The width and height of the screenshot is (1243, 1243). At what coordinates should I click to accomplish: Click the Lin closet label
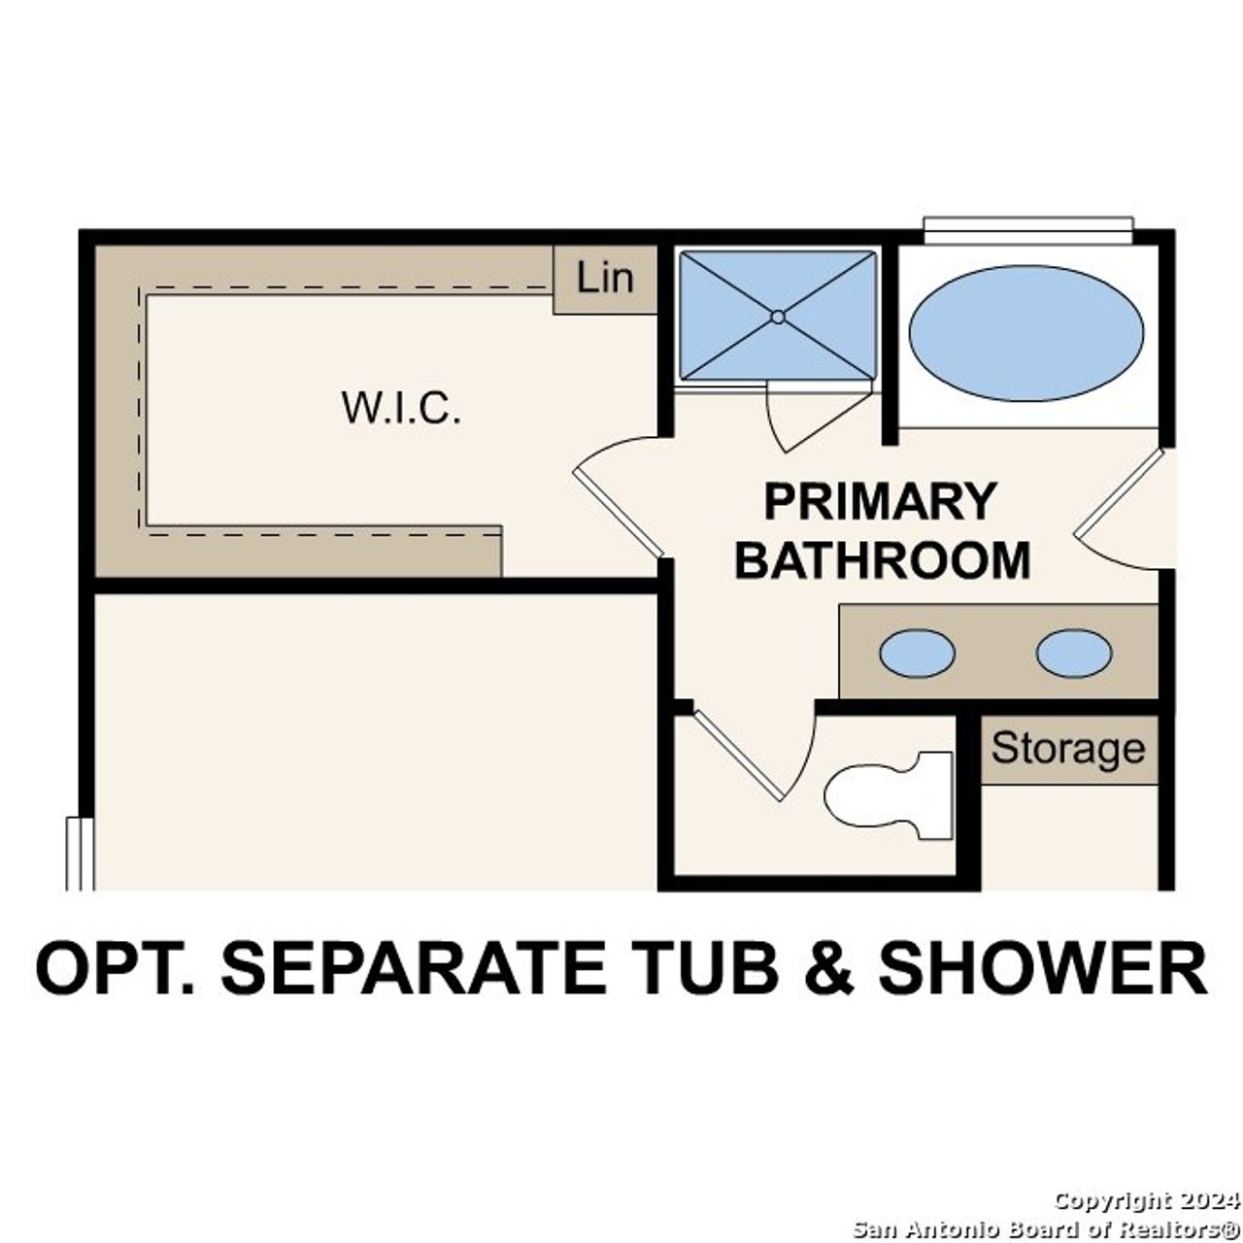click(x=604, y=279)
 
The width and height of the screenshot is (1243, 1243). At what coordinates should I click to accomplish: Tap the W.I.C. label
click(x=400, y=408)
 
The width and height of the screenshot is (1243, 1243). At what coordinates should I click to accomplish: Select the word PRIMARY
click(x=880, y=502)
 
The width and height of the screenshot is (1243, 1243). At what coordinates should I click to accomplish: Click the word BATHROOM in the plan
click(x=882, y=560)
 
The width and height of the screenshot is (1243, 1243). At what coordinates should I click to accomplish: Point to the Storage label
click(x=1068, y=749)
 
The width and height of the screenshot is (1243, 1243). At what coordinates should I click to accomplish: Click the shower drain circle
click(x=777, y=317)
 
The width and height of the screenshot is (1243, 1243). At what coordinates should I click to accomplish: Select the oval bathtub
click(x=1025, y=333)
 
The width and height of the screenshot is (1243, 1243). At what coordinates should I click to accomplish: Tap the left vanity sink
click(x=917, y=653)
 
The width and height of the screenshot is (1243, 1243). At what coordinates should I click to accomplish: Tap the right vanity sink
click(x=1073, y=653)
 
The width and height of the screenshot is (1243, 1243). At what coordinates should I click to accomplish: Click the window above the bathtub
click(x=1027, y=229)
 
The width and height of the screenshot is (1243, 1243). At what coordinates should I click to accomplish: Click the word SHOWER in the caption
click(x=1043, y=967)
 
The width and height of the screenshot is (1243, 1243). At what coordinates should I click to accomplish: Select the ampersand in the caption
click(x=829, y=967)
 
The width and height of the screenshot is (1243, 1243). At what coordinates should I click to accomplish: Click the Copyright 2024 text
click(x=1146, y=1201)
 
